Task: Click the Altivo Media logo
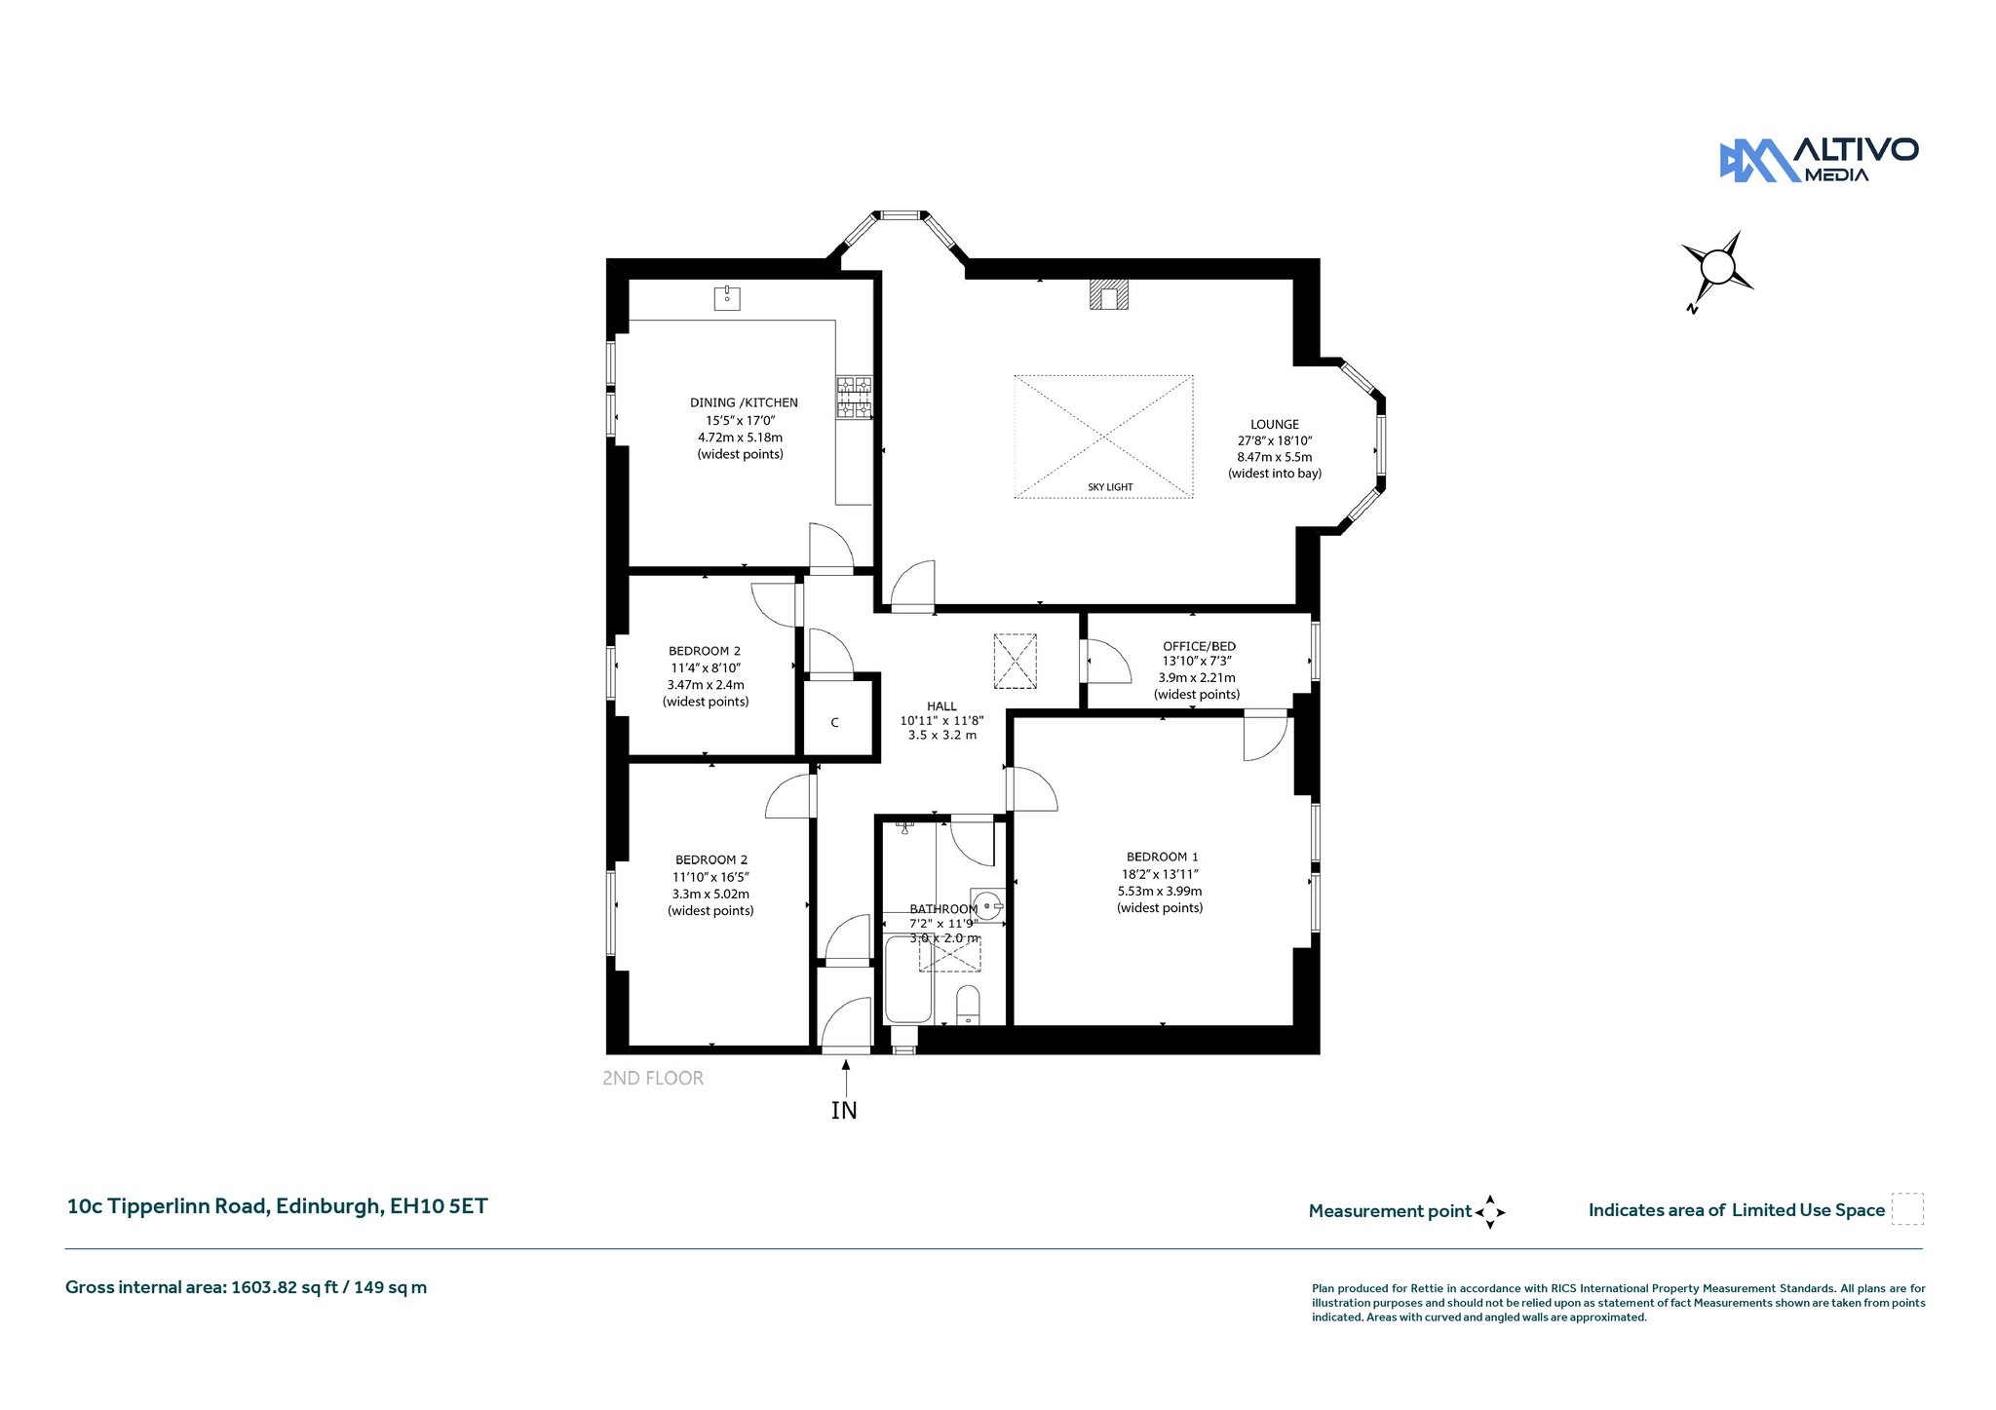(x=1819, y=160)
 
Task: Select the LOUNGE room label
(x=1275, y=425)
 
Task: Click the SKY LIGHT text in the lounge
(x=1110, y=487)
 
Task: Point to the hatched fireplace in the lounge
(x=1109, y=295)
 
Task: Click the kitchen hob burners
(x=854, y=399)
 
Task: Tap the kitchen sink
(x=727, y=297)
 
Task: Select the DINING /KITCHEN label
(x=744, y=402)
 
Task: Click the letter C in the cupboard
(x=834, y=723)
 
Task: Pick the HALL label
(x=941, y=706)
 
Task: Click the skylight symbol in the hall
(x=1015, y=661)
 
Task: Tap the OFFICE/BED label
(x=1199, y=646)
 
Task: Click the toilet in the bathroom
(x=968, y=1005)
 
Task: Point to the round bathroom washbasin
(x=988, y=905)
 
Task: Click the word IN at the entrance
(x=844, y=1110)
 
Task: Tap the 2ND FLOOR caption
(x=653, y=1079)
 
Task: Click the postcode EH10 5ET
(x=439, y=1206)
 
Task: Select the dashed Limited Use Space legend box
(x=1907, y=1209)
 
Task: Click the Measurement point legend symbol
(x=1490, y=1212)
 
